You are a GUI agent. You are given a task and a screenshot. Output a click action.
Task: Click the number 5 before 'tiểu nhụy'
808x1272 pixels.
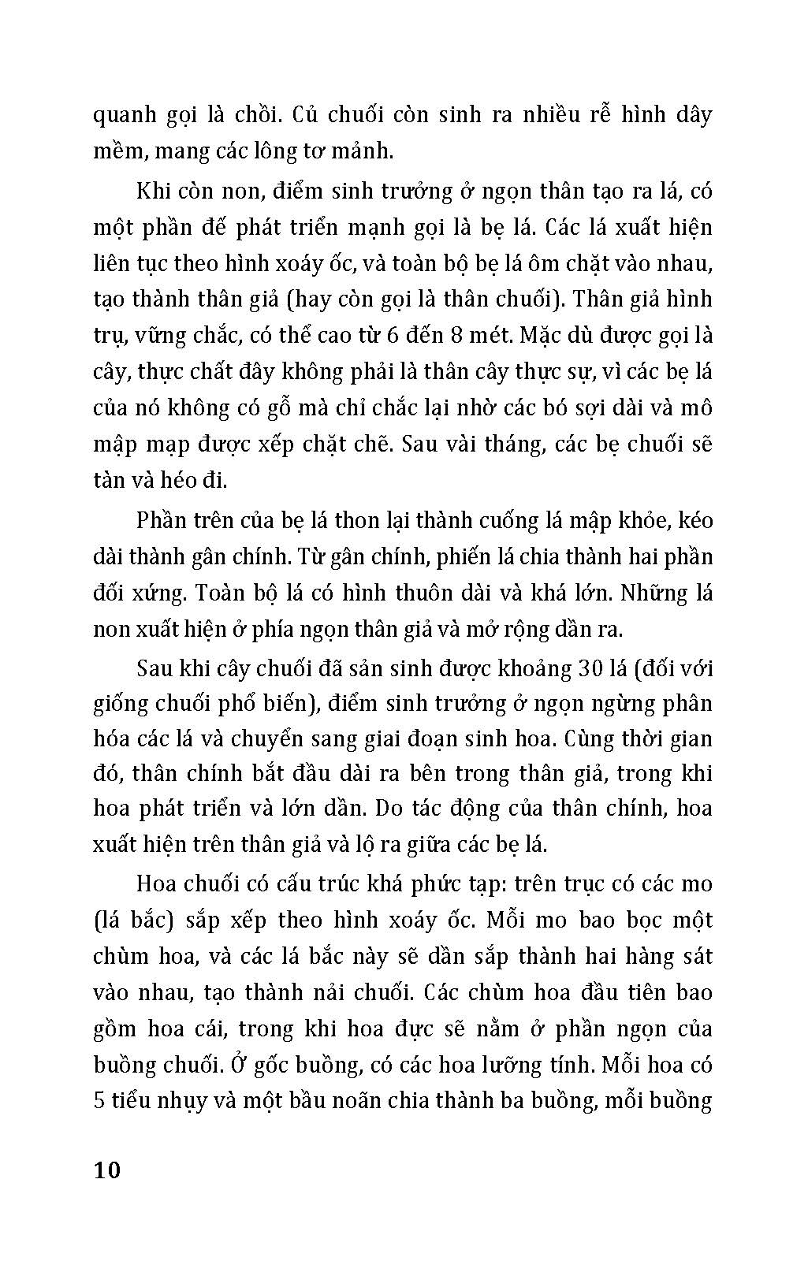coord(100,1100)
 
